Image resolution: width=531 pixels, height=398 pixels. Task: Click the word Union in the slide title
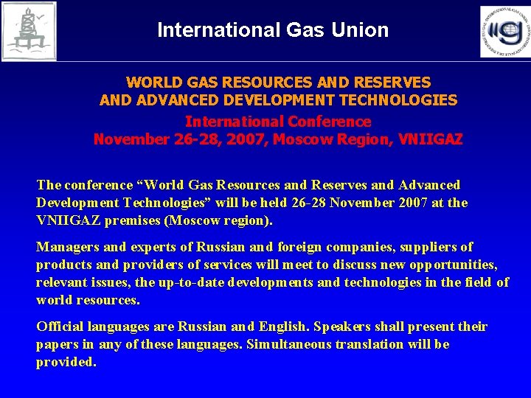tap(362, 30)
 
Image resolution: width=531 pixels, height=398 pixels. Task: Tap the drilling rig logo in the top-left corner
tap(29, 30)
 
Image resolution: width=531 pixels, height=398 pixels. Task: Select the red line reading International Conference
tap(278, 122)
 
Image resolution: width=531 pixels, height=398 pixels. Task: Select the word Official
tap(60, 327)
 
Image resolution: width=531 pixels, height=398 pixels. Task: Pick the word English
tap(285, 327)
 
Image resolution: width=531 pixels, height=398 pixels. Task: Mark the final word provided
tap(66, 362)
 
